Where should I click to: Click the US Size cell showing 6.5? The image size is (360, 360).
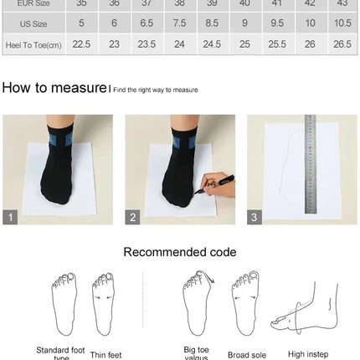click(147, 23)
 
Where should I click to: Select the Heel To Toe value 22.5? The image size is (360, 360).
click(81, 44)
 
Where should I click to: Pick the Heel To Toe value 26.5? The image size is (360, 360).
click(342, 44)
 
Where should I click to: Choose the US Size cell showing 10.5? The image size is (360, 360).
click(342, 23)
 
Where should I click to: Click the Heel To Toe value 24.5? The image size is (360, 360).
click(212, 44)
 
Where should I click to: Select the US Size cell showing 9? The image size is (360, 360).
click(244, 23)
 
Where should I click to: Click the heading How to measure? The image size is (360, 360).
click(54, 87)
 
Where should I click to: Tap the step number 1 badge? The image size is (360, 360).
click(10, 217)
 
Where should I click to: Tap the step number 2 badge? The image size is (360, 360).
click(133, 217)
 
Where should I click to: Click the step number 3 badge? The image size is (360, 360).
click(255, 217)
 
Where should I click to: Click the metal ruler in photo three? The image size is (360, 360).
click(310, 163)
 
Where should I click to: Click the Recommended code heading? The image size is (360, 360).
click(180, 252)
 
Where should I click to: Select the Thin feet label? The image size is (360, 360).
click(105, 355)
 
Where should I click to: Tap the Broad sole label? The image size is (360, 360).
click(247, 355)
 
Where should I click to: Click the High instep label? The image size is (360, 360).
click(307, 354)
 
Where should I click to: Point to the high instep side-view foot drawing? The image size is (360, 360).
click(306, 310)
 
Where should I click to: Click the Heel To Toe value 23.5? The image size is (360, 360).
click(147, 44)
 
